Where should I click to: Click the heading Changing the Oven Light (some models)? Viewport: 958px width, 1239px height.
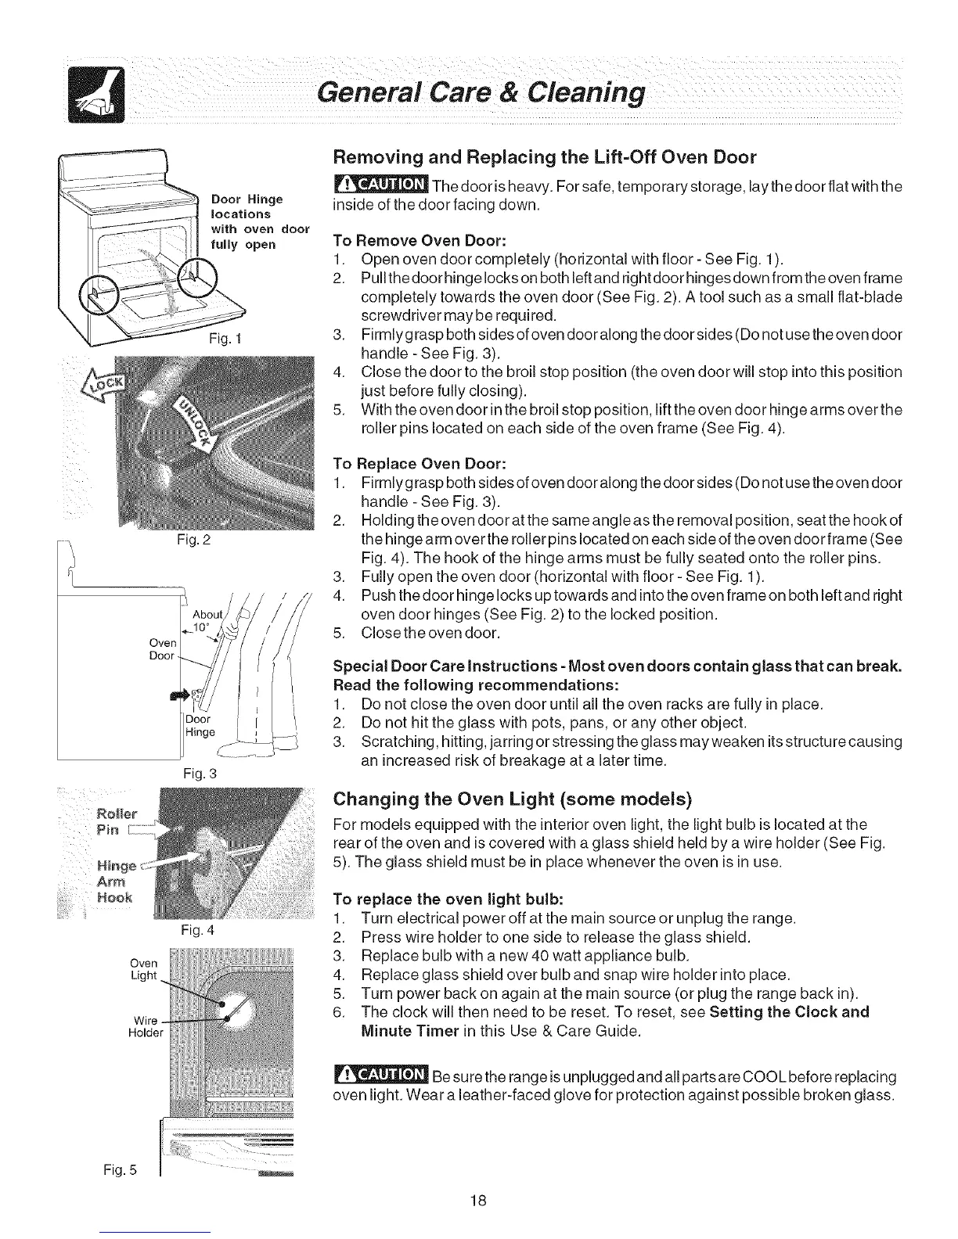point(513,799)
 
